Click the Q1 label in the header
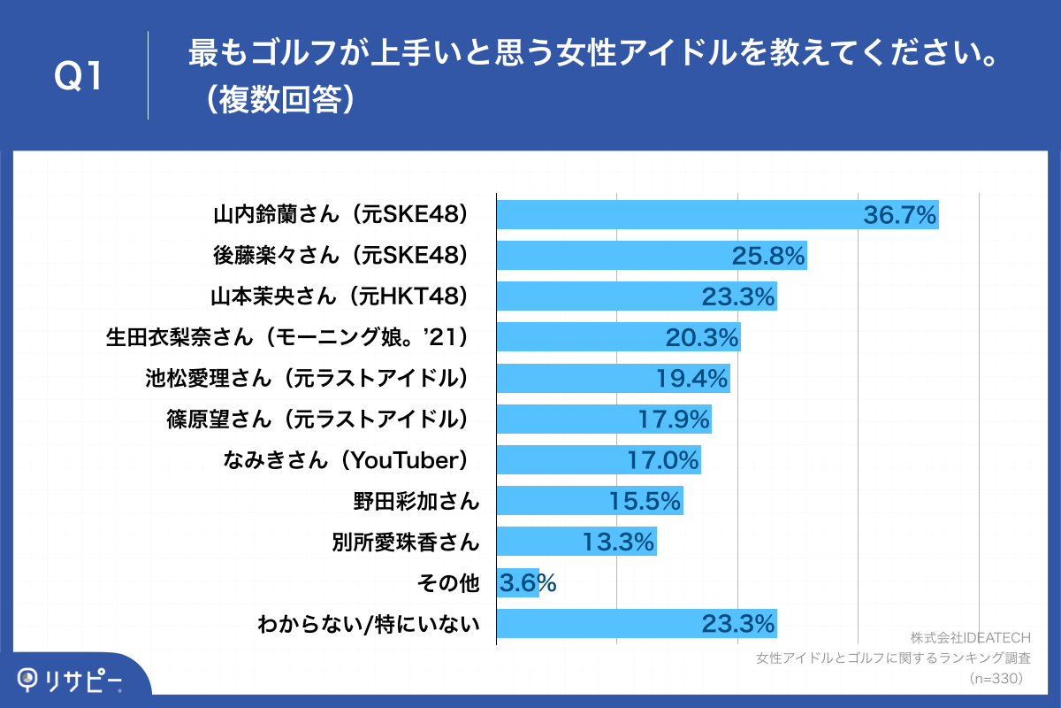coord(80,76)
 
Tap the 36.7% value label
coord(899,214)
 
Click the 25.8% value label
coord(767,256)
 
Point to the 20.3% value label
coord(702,337)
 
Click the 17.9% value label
coord(674,419)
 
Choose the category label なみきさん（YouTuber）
coord(352,460)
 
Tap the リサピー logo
coord(71,679)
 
